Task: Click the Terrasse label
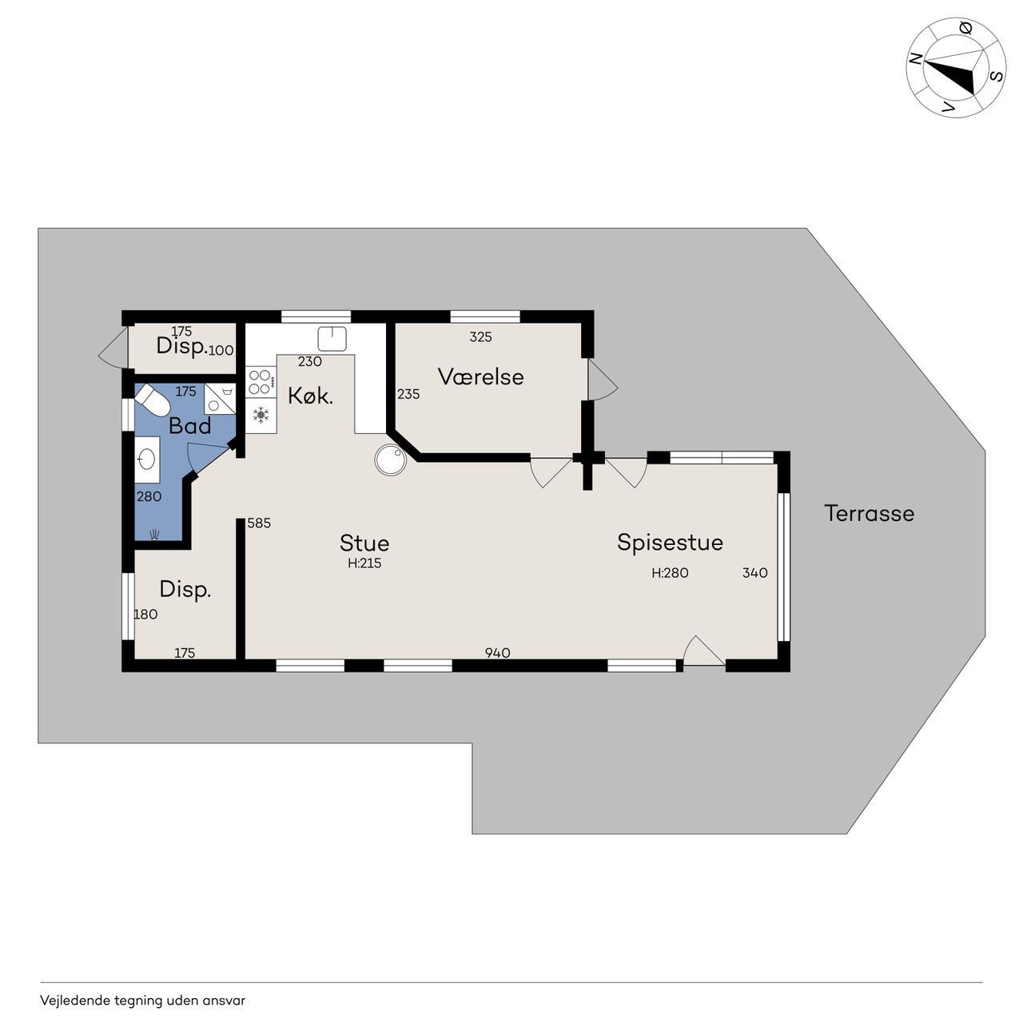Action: click(869, 513)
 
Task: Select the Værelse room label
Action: click(480, 377)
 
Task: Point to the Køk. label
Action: click(310, 396)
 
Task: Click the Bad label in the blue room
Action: click(189, 426)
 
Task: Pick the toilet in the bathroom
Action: click(152, 400)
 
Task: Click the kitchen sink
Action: click(332, 339)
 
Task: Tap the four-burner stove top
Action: click(261, 382)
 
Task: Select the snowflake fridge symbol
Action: click(261, 415)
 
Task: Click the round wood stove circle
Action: click(390, 460)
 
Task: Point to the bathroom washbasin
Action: click(146, 460)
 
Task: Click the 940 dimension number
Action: click(497, 652)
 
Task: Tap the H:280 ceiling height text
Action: click(670, 573)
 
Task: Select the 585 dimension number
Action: click(258, 523)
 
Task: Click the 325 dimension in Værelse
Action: click(480, 336)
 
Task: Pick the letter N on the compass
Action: click(914, 58)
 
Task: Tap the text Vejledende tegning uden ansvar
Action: click(142, 1001)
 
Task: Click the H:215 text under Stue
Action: click(364, 563)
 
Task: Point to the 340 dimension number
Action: click(754, 573)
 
